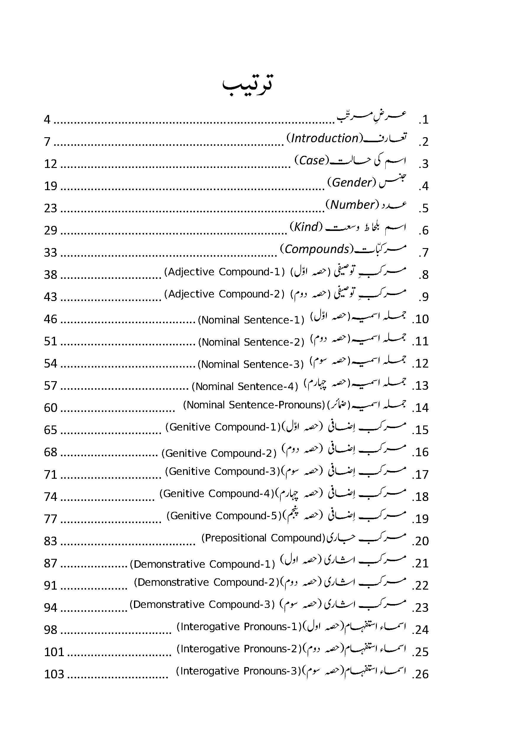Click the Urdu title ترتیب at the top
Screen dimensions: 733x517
tap(248, 85)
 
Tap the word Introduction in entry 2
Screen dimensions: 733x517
tap(325, 138)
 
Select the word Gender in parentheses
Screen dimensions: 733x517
tap(352, 183)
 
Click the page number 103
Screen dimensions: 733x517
tap(54, 674)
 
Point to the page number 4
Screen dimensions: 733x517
tap(47, 119)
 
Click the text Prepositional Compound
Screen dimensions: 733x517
tap(263, 538)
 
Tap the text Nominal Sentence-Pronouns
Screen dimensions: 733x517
tap(254, 405)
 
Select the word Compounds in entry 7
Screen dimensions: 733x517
tap(317, 249)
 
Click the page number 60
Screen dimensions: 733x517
tap(51, 408)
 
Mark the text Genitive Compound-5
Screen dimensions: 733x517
tap(224, 516)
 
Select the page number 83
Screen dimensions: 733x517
tap(51, 541)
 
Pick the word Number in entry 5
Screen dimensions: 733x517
tap(352, 205)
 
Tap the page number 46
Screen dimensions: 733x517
tap(51, 319)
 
